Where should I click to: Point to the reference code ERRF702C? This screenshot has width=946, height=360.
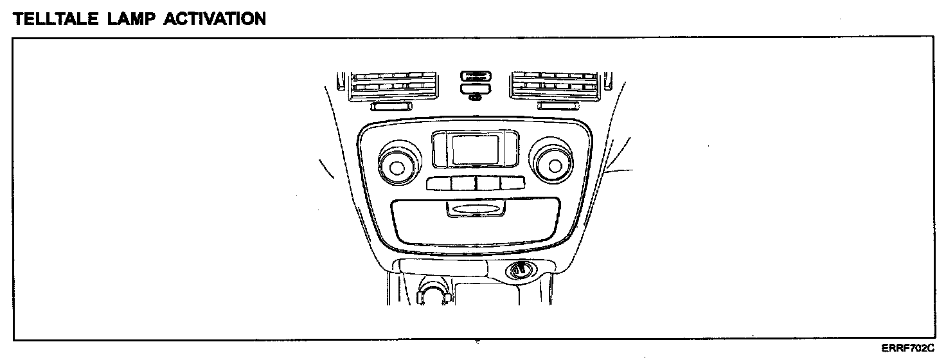(907, 348)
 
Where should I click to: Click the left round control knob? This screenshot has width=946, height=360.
(397, 167)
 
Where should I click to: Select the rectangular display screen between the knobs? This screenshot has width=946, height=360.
(474, 149)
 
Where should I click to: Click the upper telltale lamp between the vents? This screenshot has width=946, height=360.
(476, 75)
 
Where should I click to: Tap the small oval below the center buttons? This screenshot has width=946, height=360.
(476, 98)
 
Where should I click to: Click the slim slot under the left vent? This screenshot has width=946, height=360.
(392, 105)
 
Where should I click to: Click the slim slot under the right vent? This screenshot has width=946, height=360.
(558, 105)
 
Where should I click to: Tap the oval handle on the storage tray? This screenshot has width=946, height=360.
(474, 210)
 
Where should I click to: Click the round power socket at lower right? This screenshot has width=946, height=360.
(520, 271)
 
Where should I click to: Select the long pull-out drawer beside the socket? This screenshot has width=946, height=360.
(443, 266)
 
